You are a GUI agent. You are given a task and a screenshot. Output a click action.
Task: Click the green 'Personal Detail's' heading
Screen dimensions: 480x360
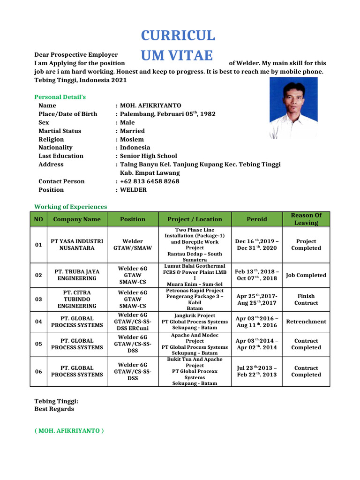point(60,97)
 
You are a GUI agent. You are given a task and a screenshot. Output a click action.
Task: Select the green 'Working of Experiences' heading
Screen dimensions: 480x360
point(71,207)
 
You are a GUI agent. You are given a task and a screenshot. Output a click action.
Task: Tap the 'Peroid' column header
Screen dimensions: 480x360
point(257,219)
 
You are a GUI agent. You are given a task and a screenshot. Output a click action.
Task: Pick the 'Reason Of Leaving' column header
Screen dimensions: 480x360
point(306,219)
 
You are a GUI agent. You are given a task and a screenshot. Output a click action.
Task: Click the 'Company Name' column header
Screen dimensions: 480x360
point(77,219)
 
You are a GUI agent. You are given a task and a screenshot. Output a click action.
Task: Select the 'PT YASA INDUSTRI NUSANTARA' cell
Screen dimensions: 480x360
point(77,245)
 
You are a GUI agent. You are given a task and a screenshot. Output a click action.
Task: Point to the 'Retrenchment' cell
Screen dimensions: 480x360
point(306,322)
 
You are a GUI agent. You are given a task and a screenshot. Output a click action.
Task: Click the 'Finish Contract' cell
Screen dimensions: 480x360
point(306,300)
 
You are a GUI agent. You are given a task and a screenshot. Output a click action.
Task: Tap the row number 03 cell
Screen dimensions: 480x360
point(38,300)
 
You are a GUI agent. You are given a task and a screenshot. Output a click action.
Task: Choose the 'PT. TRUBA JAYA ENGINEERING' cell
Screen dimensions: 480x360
point(77,275)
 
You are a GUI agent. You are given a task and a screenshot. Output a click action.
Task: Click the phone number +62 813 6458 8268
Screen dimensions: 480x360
point(150,181)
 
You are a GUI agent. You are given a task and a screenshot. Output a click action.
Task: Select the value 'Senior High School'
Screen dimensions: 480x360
point(149,156)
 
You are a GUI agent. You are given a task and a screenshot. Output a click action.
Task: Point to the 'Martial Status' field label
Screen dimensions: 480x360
point(60,131)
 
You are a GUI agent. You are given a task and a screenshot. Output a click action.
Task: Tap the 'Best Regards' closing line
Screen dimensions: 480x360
point(54,409)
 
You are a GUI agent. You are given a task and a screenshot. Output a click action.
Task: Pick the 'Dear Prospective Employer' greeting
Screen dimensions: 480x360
point(76,55)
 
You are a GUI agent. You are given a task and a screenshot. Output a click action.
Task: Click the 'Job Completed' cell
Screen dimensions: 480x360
point(306,275)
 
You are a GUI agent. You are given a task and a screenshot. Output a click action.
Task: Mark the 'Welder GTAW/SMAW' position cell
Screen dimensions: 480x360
point(133,245)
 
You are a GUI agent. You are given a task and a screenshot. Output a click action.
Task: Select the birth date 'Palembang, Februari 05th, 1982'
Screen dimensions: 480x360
point(168,114)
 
